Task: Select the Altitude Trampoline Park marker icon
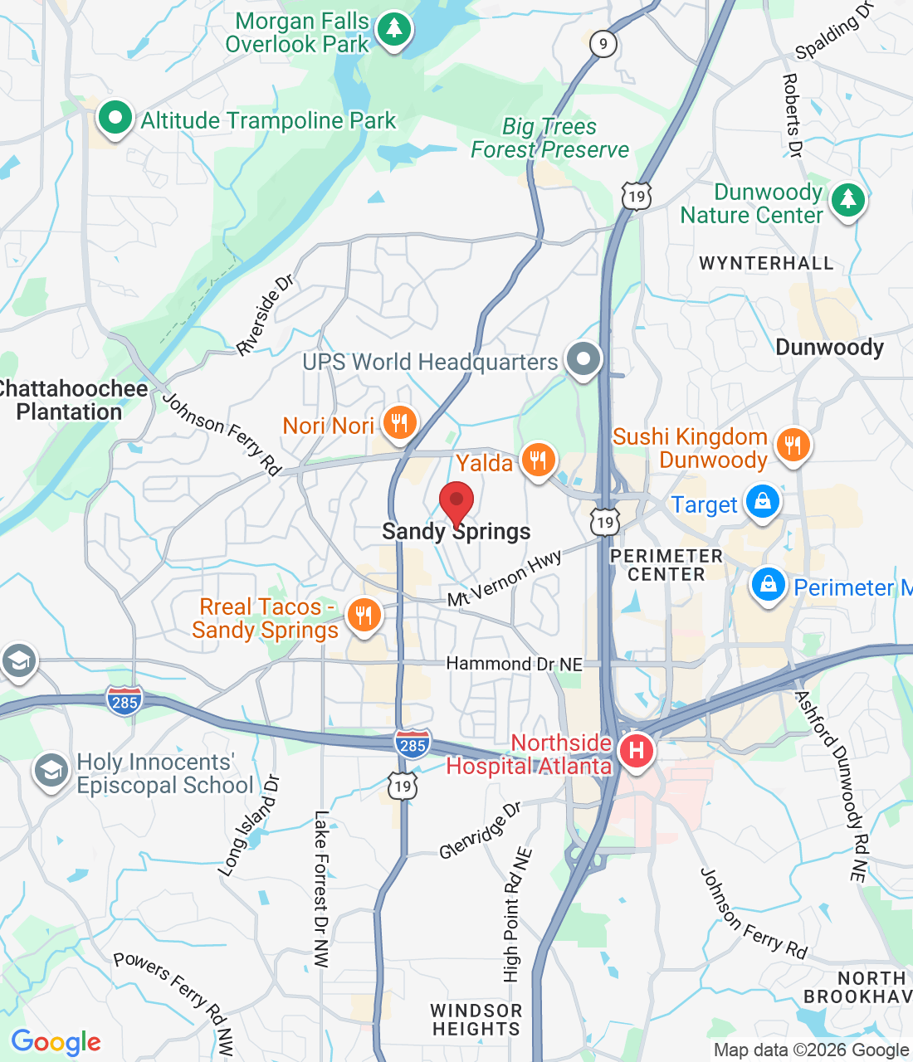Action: tap(115, 119)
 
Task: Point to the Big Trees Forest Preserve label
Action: tap(549, 139)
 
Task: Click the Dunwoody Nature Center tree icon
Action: tap(847, 200)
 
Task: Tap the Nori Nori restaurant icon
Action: tap(400, 424)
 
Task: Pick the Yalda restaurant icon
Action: tap(538, 460)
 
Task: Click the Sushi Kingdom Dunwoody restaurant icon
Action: tap(793, 446)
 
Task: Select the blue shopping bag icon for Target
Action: tap(762, 502)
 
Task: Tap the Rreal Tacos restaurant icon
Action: tap(364, 616)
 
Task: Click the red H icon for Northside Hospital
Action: tap(636, 752)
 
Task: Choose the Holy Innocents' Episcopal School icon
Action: tap(51, 772)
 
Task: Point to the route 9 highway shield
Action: tap(603, 44)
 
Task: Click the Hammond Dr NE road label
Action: tap(514, 664)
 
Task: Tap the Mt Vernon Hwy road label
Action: tap(505, 578)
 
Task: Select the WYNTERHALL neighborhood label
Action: tap(765, 264)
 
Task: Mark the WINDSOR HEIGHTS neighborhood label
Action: tap(476, 1020)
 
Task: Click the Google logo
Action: tap(56, 1042)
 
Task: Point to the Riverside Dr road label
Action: tap(266, 315)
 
